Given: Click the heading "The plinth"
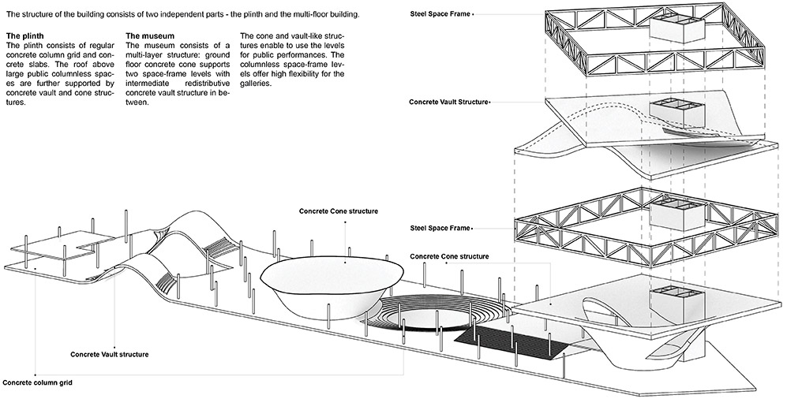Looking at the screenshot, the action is pos(25,36).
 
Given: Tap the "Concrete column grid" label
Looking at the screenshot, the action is pos(37,383).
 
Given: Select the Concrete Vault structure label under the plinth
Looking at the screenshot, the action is pos(110,354).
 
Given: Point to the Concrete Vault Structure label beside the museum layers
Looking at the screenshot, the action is pos(448,102).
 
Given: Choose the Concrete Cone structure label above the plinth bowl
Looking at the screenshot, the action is pos(339,211).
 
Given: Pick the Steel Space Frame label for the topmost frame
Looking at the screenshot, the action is pos(440,14).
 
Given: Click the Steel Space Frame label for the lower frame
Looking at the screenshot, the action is pos(440,228).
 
